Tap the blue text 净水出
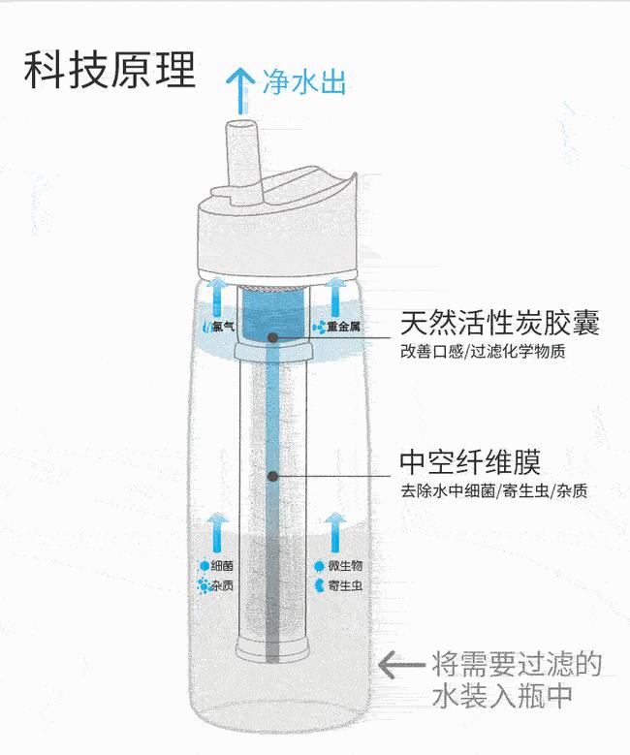[x=303, y=81]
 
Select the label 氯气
[x=223, y=327]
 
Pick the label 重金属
[x=342, y=328]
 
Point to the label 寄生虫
[x=344, y=586]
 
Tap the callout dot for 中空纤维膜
[x=273, y=476]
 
